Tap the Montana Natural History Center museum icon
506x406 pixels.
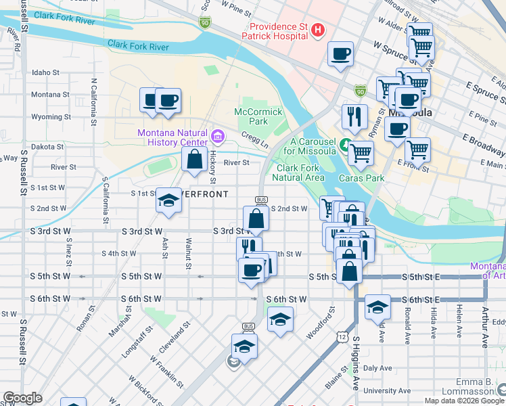tap(217, 137)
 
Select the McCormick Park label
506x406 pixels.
tap(252, 116)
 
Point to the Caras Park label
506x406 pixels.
tap(367, 178)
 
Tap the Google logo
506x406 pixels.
tap(22, 398)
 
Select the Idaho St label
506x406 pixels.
tap(46, 72)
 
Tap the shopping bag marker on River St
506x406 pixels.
tap(194, 160)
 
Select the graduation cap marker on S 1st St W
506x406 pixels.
tap(168, 200)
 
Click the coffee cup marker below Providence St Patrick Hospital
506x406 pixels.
tap(340, 53)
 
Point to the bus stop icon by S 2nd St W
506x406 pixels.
tap(260, 200)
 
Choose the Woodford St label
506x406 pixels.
tap(331, 323)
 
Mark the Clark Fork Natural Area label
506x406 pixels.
tap(299, 173)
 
